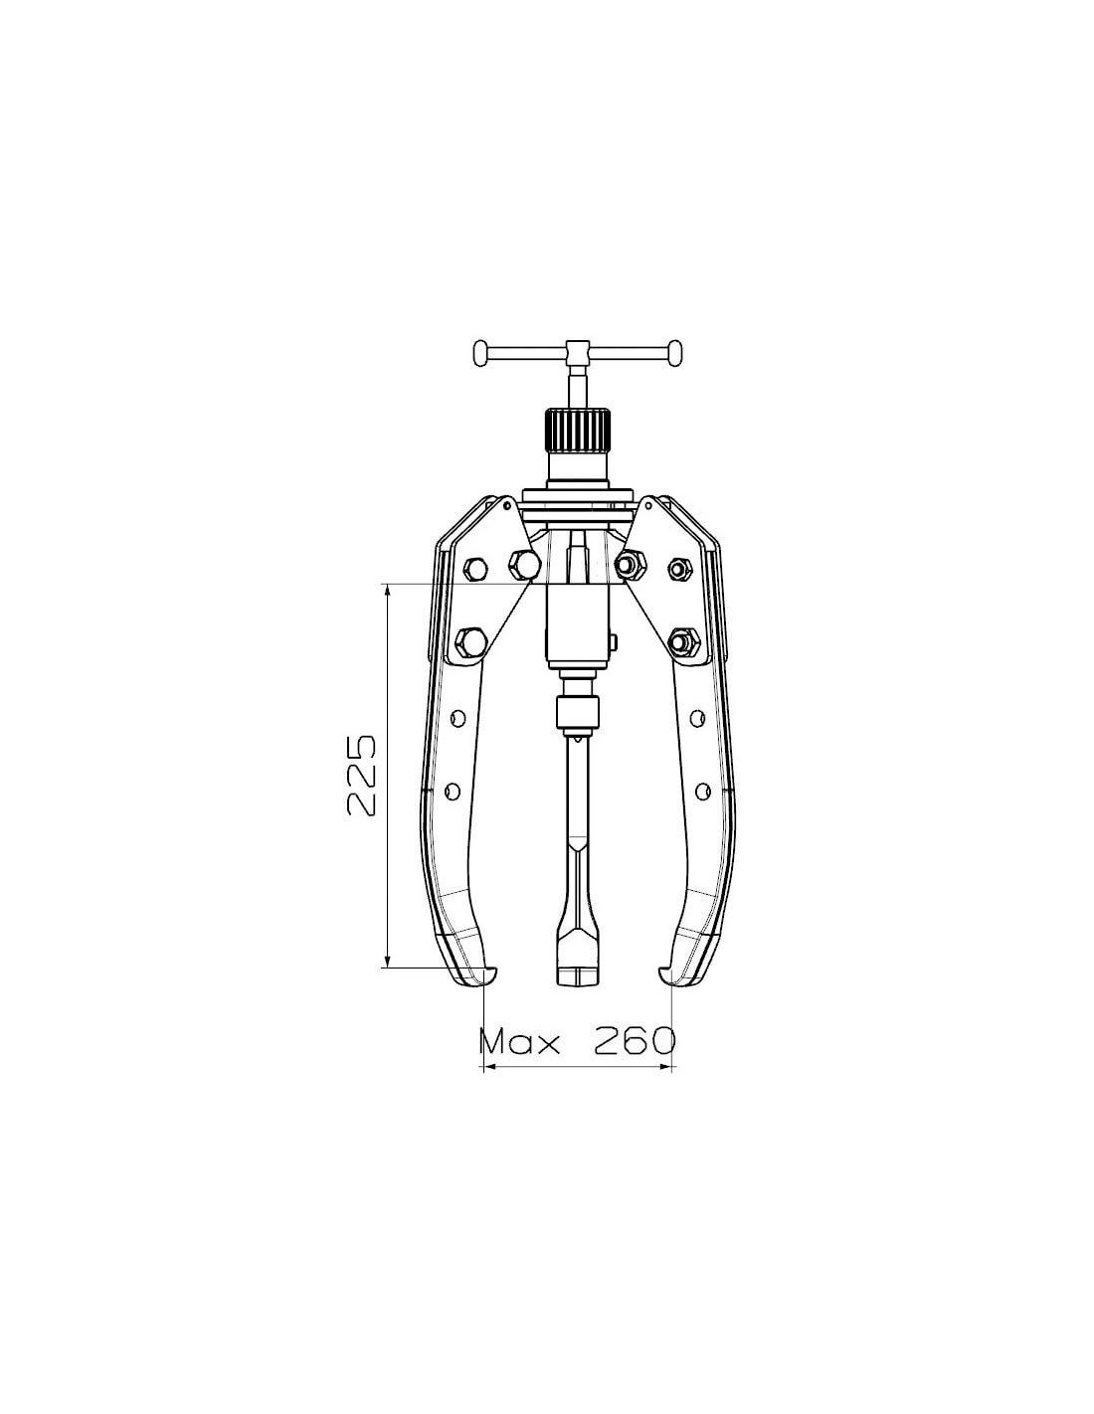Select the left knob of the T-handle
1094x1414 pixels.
click(481, 353)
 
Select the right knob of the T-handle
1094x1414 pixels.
click(675, 353)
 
